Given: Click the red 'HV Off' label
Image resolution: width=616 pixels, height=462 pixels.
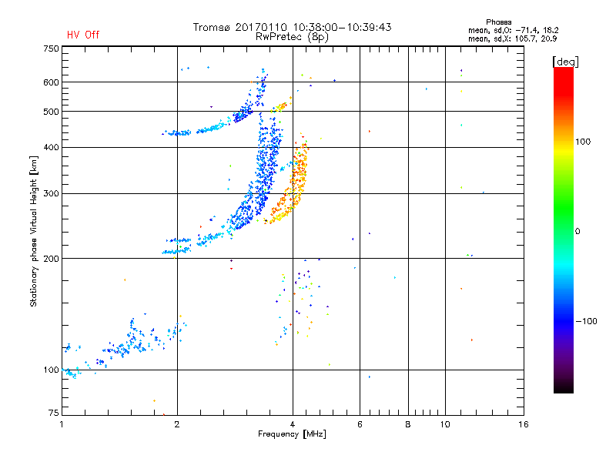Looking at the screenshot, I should [x=82, y=35].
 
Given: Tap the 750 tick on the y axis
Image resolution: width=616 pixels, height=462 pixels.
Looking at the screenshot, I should [x=51, y=49].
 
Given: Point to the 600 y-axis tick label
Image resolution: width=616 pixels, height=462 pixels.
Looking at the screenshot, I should [x=51, y=82].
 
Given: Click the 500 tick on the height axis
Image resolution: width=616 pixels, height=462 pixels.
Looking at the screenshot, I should [x=51, y=112].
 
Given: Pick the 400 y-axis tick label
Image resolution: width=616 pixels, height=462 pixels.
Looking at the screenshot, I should [x=51, y=147].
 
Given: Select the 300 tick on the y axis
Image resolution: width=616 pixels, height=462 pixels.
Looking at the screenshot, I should [x=51, y=193].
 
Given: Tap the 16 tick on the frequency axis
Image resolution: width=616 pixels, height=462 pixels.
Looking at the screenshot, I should [x=523, y=424].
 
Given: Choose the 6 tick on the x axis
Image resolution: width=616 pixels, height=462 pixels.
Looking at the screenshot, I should [x=360, y=424].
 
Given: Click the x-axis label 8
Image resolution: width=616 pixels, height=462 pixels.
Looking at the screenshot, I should [x=408, y=424].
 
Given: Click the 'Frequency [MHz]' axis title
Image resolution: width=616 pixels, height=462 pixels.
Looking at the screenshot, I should [x=293, y=435].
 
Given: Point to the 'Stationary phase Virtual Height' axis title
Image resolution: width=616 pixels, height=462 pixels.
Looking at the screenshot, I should [x=34, y=231].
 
